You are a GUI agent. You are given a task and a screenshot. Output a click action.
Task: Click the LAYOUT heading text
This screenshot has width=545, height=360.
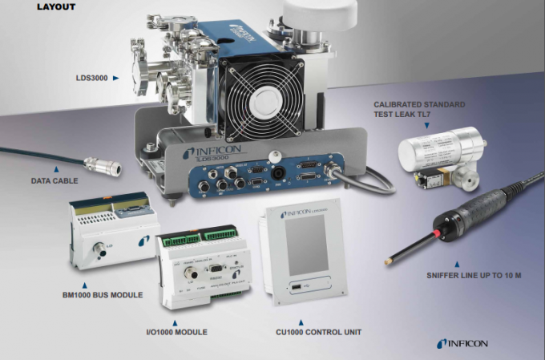[56, 7]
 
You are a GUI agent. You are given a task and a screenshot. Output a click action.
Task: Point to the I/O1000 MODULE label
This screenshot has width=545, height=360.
[180, 331]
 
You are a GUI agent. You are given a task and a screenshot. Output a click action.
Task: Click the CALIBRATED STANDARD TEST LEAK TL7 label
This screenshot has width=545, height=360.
[419, 110]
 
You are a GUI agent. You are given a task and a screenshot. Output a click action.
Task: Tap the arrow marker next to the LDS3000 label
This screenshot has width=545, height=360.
[115, 79]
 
